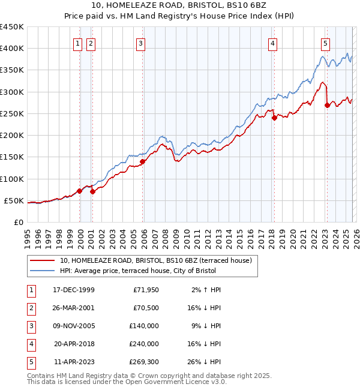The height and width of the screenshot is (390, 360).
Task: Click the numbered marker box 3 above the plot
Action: pos(140,43)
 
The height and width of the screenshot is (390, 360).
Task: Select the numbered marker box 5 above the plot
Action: pos(325,43)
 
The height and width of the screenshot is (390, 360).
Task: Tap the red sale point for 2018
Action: pos(274,118)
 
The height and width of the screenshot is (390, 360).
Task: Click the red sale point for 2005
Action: pos(143,161)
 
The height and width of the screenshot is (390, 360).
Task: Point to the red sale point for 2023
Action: pos(327,105)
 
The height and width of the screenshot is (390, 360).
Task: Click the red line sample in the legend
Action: pos(42,260)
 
